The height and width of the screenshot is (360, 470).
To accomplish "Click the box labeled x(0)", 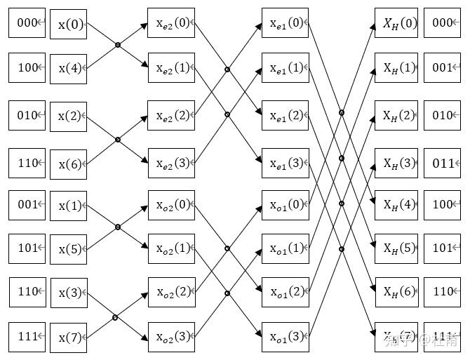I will [x=68, y=25].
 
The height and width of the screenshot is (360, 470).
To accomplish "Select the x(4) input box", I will [x=68, y=68].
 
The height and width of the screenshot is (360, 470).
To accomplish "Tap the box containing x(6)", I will [x=68, y=164].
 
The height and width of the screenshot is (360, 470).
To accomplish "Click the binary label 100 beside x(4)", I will [x=27, y=67].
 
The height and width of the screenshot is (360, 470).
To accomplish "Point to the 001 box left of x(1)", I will [x=27, y=205].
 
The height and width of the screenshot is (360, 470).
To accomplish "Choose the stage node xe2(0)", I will [x=171, y=23].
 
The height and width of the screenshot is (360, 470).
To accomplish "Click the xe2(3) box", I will [x=171, y=164].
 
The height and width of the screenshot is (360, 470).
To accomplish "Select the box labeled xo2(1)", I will [x=171, y=248].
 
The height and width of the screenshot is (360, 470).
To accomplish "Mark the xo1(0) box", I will [x=286, y=205].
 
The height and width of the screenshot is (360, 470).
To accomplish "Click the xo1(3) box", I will [x=286, y=337].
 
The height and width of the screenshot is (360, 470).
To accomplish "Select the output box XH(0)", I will [x=399, y=23].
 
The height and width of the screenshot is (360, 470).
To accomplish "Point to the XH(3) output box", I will [x=399, y=163].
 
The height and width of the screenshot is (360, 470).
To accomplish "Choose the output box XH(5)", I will [x=399, y=248].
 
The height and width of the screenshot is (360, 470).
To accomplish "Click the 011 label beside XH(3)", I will [x=443, y=163].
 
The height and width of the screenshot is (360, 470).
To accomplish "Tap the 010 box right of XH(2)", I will [x=443, y=115].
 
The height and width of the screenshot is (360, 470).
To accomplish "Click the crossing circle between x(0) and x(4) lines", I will [x=117, y=45].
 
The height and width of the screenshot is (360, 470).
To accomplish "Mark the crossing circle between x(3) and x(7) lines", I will [x=114, y=318].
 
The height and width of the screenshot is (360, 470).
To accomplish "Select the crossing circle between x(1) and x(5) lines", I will [x=117, y=227].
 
